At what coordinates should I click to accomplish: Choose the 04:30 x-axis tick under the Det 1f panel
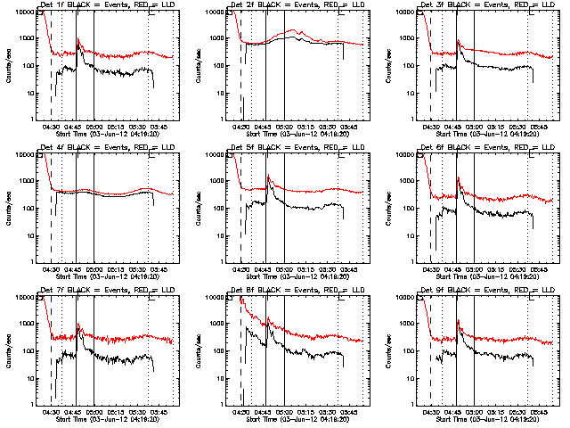[52, 128]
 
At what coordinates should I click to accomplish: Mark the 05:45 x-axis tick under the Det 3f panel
[540, 128]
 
